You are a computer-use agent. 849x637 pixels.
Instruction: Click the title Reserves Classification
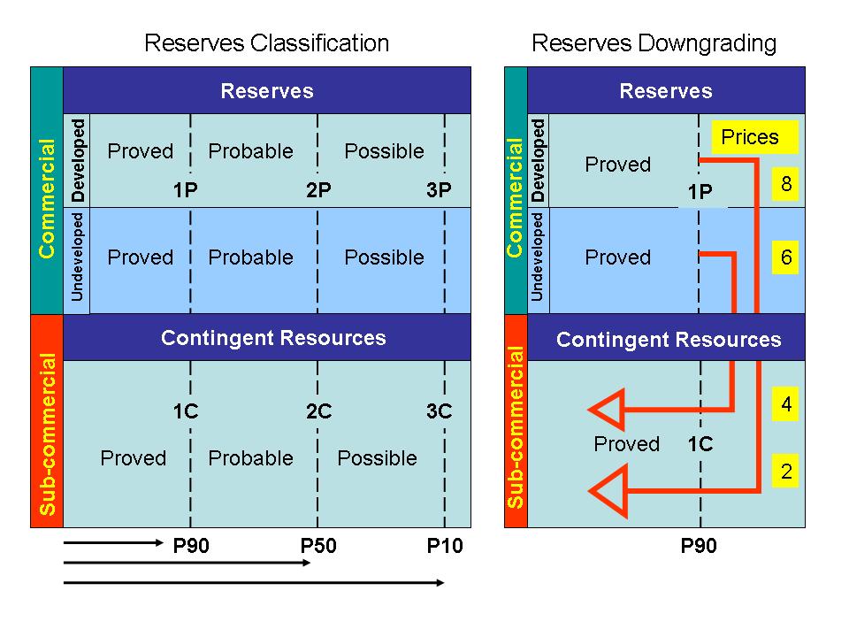[x=266, y=42]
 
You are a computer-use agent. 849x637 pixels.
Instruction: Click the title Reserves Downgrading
[x=654, y=42]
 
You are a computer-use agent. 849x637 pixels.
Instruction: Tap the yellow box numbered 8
[x=786, y=184]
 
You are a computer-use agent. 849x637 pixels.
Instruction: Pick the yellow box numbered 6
[x=786, y=257]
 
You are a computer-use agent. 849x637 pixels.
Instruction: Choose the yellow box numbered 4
[x=786, y=405]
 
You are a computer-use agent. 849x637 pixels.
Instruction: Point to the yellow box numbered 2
[x=786, y=472]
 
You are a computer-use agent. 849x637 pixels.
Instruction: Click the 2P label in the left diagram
[x=318, y=190]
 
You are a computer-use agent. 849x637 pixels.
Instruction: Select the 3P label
[x=439, y=190]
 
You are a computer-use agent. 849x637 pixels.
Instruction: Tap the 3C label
[x=439, y=411]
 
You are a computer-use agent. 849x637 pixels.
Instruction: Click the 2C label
[x=318, y=411]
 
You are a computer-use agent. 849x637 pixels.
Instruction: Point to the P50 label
[x=318, y=546]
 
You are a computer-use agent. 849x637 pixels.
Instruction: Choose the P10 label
[x=444, y=546]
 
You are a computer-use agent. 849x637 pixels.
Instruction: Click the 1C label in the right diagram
[x=700, y=444]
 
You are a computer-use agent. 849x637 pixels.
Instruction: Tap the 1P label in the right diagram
[x=700, y=192]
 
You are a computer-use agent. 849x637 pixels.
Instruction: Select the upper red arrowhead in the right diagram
[x=608, y=410]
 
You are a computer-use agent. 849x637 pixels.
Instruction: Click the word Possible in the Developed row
[x=384, y=151]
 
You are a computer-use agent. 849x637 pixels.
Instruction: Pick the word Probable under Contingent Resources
[x=250, y=458]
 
